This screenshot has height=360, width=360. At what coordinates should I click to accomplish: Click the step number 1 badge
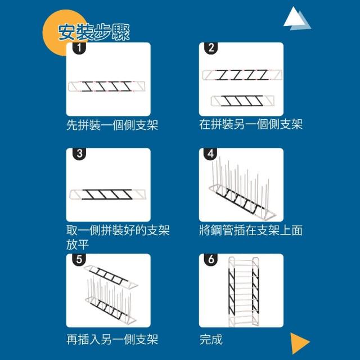coord(79,48)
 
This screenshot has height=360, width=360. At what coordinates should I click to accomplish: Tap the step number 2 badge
coord(211,48)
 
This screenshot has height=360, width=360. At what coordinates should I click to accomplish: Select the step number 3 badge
coord(79,154)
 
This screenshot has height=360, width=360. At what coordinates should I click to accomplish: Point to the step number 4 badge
coord(210,154)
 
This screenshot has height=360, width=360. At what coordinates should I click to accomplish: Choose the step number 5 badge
coord(79,259)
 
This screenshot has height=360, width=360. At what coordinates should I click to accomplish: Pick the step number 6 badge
coord(211,259)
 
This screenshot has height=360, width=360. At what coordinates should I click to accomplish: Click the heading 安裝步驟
coord(94,33)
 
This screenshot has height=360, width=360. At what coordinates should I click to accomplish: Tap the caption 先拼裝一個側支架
coord(112,125)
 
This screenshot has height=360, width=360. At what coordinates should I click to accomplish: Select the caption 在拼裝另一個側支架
coord(251,124)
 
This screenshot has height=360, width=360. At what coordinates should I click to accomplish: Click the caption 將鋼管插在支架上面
coord(251,230)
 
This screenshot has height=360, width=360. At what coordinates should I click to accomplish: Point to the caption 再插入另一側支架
coord(112,339)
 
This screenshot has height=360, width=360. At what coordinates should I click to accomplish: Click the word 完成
coord(211,339)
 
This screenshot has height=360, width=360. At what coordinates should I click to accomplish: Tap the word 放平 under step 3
coord(78,245)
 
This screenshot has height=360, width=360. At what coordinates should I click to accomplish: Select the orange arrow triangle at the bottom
coord(300,343)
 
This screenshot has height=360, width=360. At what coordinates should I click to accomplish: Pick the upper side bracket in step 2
coord(242,75)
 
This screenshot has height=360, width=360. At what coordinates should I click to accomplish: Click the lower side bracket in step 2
coord(242,101)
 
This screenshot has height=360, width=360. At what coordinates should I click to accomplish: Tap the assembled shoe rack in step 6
coord(244,291)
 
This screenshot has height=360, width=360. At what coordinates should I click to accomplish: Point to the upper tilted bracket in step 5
coord(111,277)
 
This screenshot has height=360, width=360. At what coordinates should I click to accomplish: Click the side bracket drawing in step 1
coord(107,87)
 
